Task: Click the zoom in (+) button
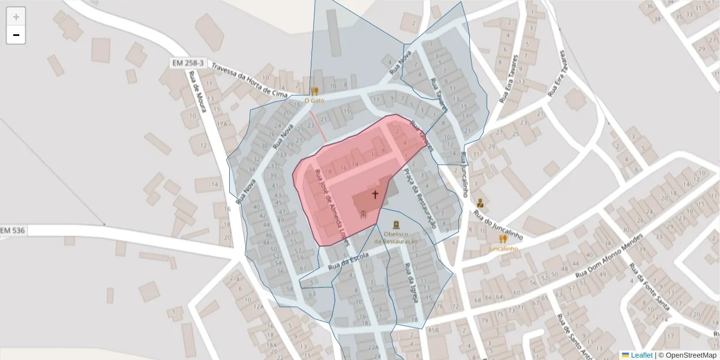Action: pyautogui.click(x=16, y=17)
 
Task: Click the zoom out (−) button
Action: pyautogui.click(x=16, y=35)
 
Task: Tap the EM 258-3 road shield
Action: pyautogui.click(x=187, y=62)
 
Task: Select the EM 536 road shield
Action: pyautogui.click(x=13, y=230)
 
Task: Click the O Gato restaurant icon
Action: pyautogui.click(x=314, y=91)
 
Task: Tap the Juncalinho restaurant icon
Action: pyautogui.click(x=503, y=239)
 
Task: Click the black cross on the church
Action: pyautogui.click(x=376, y=194)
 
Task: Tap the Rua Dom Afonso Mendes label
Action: pyautogui.click(x=608, y=255)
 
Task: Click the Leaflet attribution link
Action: pyautogui.click(x=641, y=355)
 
